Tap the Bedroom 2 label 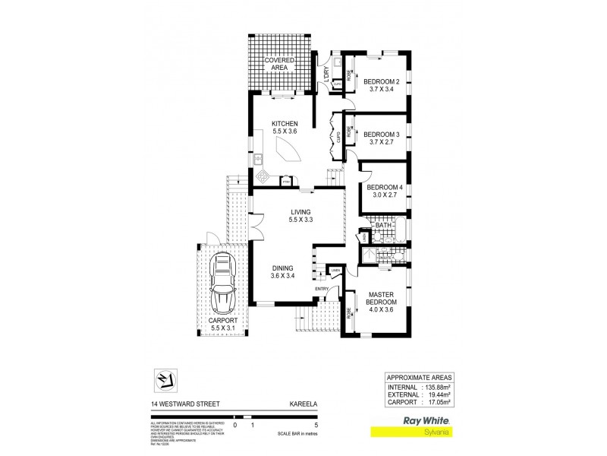(x=382, y=85)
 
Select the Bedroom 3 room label (x=382, y=139)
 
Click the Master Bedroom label (x=384, y=299)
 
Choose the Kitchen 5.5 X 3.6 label (x=286, y=128)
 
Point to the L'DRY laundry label (x=325, y=74)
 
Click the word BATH (x=382, y=225)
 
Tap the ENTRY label (x=322, y=289)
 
